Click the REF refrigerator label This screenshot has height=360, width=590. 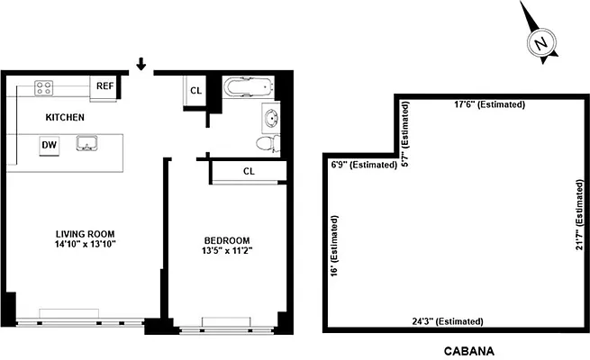(104, 87)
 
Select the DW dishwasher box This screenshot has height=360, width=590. (49, 144)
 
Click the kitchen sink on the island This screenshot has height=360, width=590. (88, 142)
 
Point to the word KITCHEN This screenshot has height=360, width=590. (65, 117)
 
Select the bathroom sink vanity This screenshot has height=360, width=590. (271, 117)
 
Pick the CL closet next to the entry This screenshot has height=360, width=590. (196, 91)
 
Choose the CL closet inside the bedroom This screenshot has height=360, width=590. (248, 171)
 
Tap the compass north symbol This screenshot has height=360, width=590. (540, 42)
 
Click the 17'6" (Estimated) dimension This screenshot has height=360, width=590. (490, 105)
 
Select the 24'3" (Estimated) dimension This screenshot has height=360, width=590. (447, 321)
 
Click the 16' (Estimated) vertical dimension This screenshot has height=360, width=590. (334, 245)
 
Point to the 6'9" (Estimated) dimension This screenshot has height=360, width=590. (364, 165)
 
